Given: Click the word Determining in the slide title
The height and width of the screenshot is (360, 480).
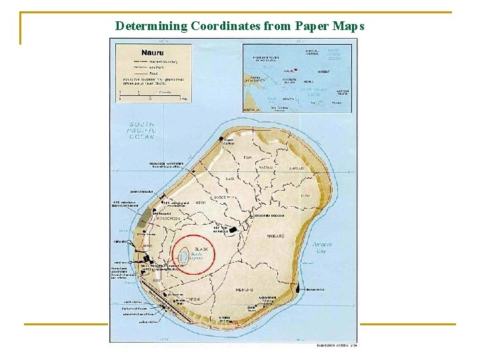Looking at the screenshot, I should pyautogui.click(x=151, y=26).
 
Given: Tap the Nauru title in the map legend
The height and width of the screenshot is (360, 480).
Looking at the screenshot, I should pyautogui.click(x=153, y=52).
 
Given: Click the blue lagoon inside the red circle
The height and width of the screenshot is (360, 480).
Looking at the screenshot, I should pyautogui.click(x=181, y=254).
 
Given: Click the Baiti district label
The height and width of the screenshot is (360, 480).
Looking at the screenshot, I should pyautogui.click(x=231, y=179).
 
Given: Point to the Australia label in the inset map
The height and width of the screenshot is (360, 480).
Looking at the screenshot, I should pyautogui.click(x=253, y=109).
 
